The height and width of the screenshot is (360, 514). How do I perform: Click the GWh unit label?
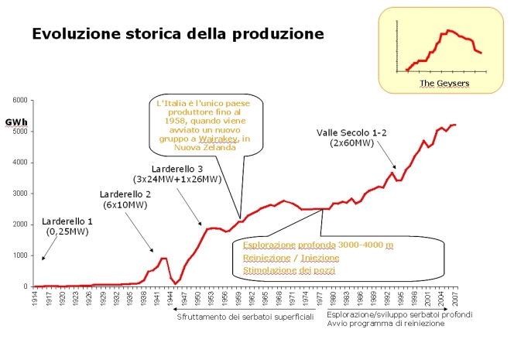[x=14, y=122]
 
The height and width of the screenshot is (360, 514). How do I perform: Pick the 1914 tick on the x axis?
[x=35, y=298]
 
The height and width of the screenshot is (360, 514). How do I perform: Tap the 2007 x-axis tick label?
[x=455, y=298]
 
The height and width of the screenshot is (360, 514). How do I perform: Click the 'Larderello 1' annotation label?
[x=67, y=221]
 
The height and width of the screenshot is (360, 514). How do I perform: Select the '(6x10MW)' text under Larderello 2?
[x=125, y=204]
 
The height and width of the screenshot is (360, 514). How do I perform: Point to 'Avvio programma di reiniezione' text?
[x=385, y=324]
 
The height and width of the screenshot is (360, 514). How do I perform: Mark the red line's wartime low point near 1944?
[x=175, y=283]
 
